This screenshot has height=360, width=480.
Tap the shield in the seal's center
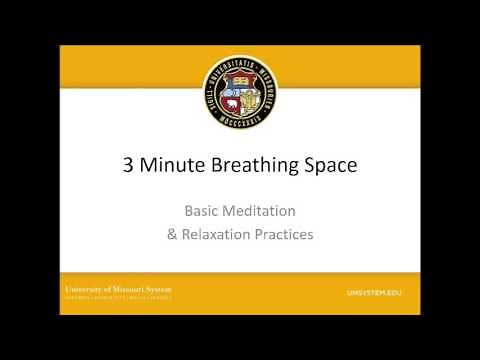coord(239,93)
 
